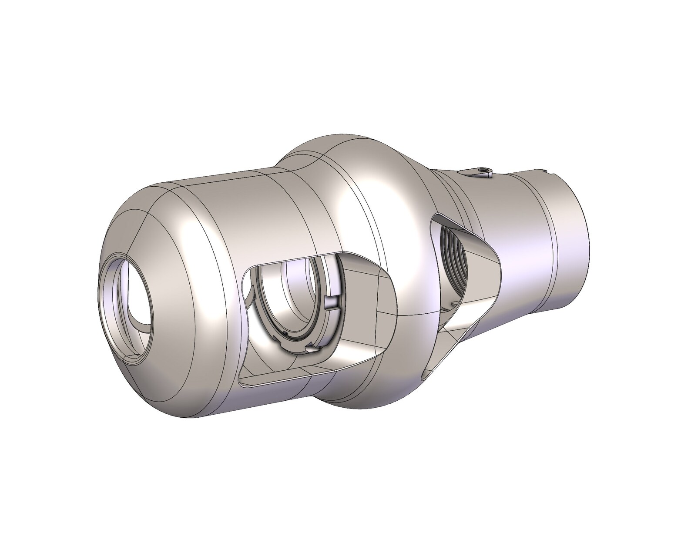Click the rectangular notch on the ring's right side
click(333, 302)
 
